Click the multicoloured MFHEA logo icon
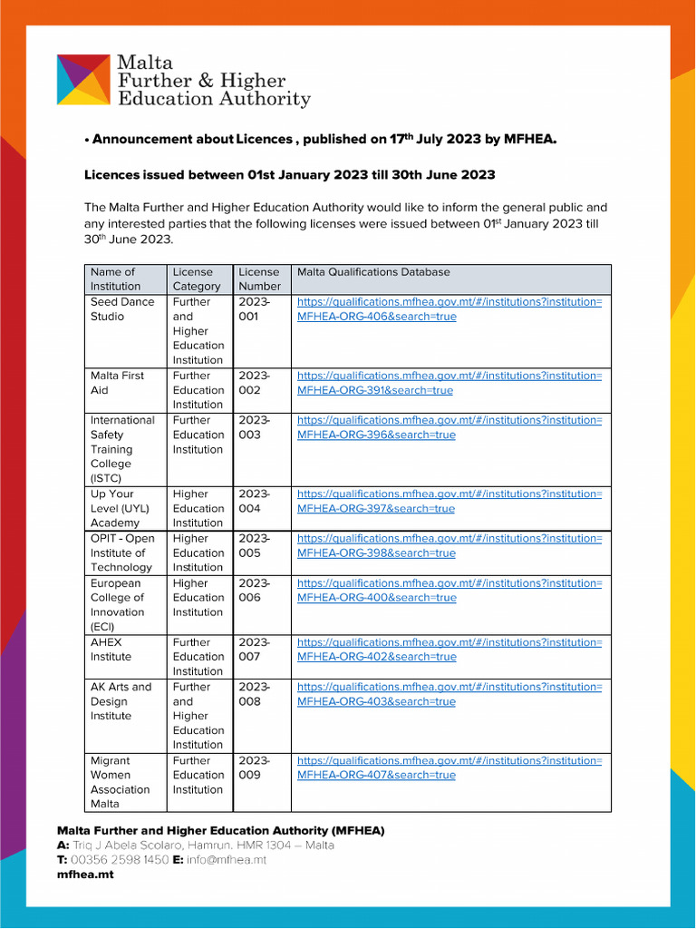click(x=84, y=80)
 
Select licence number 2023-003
click(x=254, y=427)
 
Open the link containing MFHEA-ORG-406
click(x=449, y=309)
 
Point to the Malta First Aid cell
click(x=117, y=383)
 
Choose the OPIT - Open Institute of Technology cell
click(x=122, y=553)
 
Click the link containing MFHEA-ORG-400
click(x=449, y=591)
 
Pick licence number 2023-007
click(x=254, y=650)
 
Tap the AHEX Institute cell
click(x=111, y=650)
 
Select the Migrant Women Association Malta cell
click(x=121, y=782)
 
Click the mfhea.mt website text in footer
click(x=85, y=875)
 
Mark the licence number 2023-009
click(x=254, y=768)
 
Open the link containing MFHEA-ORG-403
click(x=449, y=694)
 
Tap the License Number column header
click(x=259, y=279)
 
